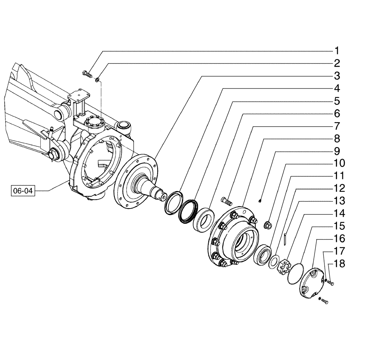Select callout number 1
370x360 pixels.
(337, 50)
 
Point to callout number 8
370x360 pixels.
(337, 139)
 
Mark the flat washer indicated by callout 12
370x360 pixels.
(275, 261)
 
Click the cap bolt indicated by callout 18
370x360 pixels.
(331, 283)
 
